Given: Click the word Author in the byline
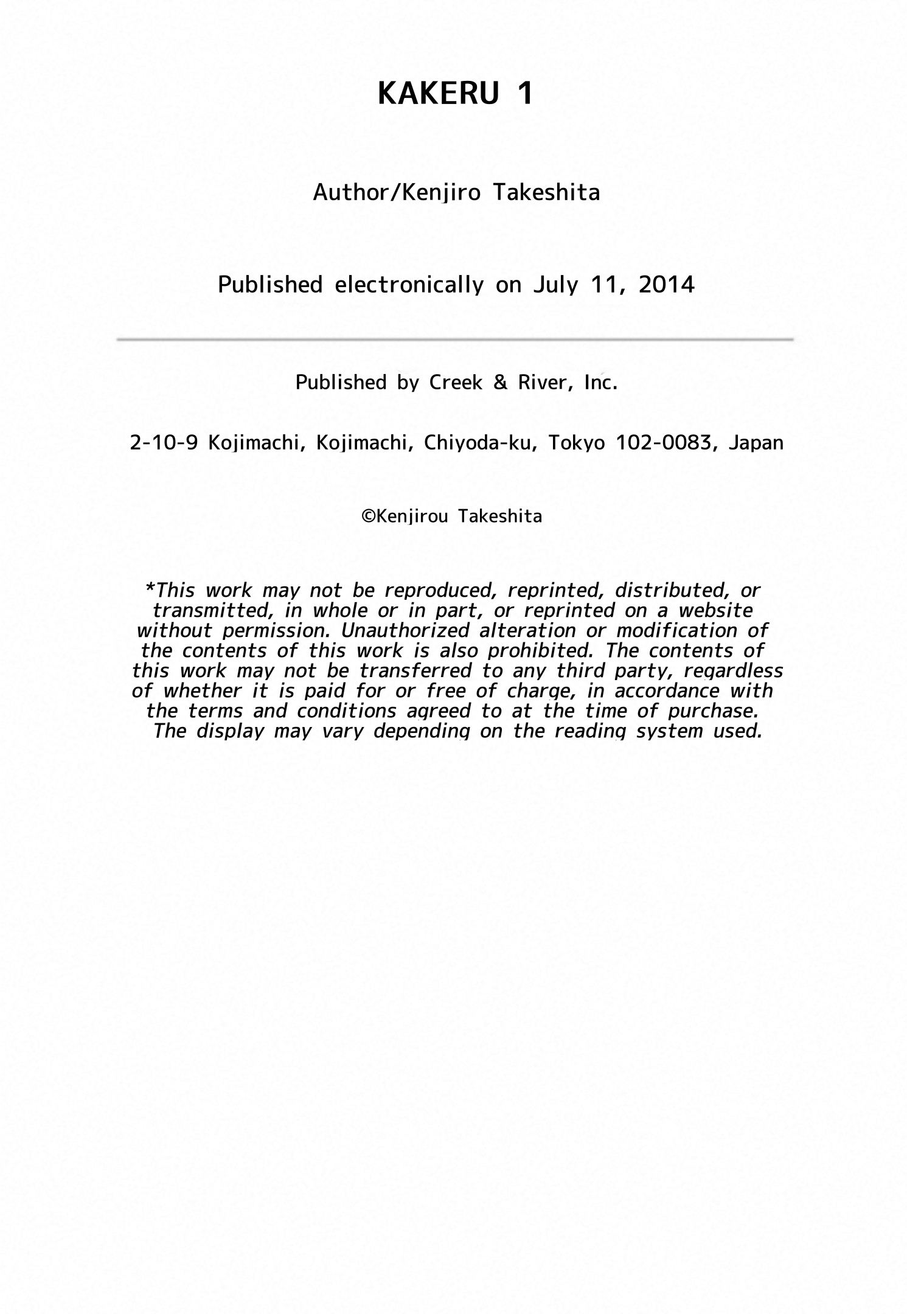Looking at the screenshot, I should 350,193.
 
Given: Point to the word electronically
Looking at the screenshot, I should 409,285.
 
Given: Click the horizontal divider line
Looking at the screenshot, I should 455,339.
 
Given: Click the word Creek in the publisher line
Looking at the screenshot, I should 456,382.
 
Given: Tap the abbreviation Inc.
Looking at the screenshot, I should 600,382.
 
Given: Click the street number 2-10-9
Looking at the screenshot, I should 164,443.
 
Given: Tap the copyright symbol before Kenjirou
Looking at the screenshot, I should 368,516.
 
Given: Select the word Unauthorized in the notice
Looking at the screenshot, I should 405,630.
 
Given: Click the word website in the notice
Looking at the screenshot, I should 716,610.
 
